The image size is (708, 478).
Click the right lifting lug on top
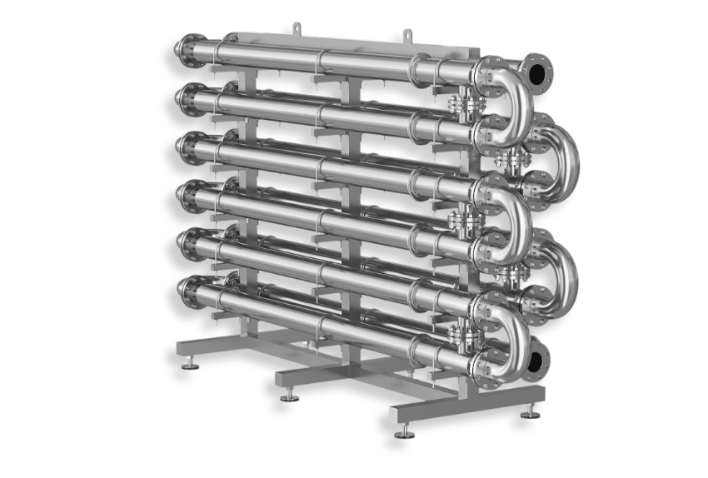click(x=406, y=35)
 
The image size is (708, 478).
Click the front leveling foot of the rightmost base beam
click(x=405, y=431)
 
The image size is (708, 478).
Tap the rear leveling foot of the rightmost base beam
click(x=530, y=412)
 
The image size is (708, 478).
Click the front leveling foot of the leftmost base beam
click(x=191, y=364)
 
